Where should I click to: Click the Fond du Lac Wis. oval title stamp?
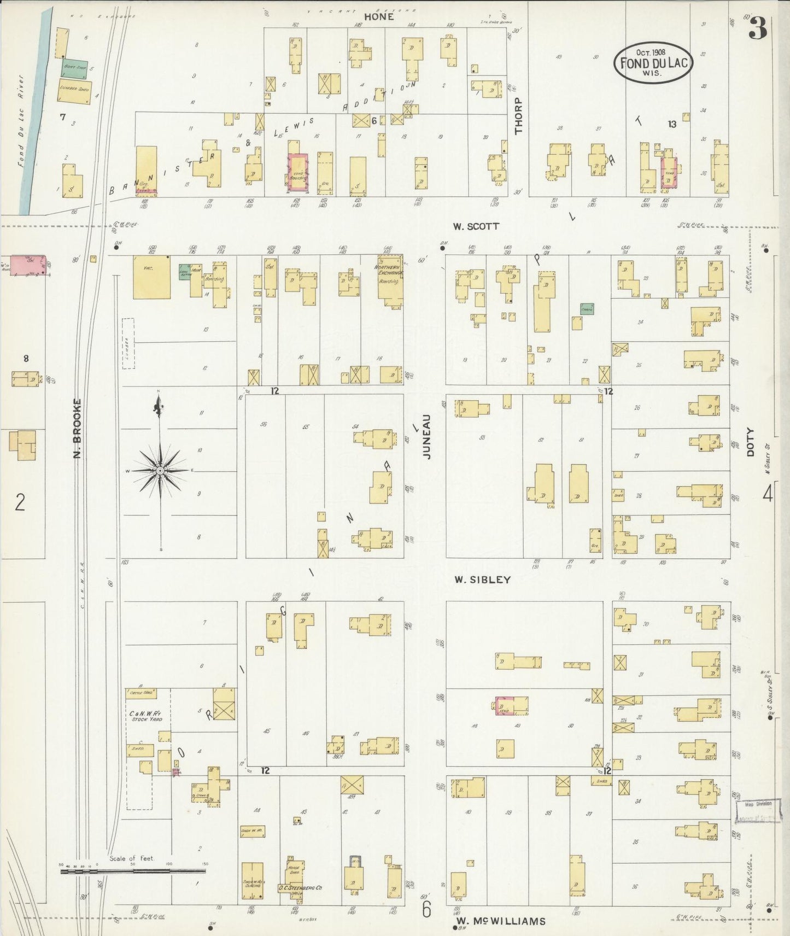pos(653,62)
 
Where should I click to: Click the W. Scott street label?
pos(476,226)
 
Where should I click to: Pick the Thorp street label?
pos(518,115)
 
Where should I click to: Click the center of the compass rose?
pos(160,471)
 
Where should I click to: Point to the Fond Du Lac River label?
pos(21,120)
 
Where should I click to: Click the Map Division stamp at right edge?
pos(757,804)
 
